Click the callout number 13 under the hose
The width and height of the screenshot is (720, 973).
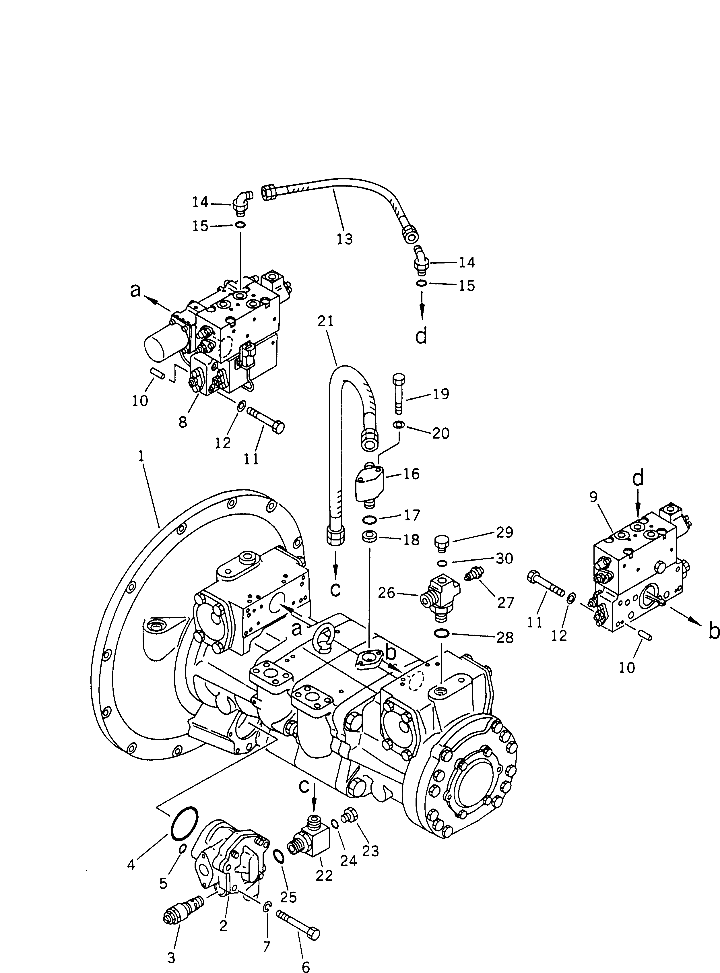344,239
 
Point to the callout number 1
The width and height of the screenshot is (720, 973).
141,456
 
